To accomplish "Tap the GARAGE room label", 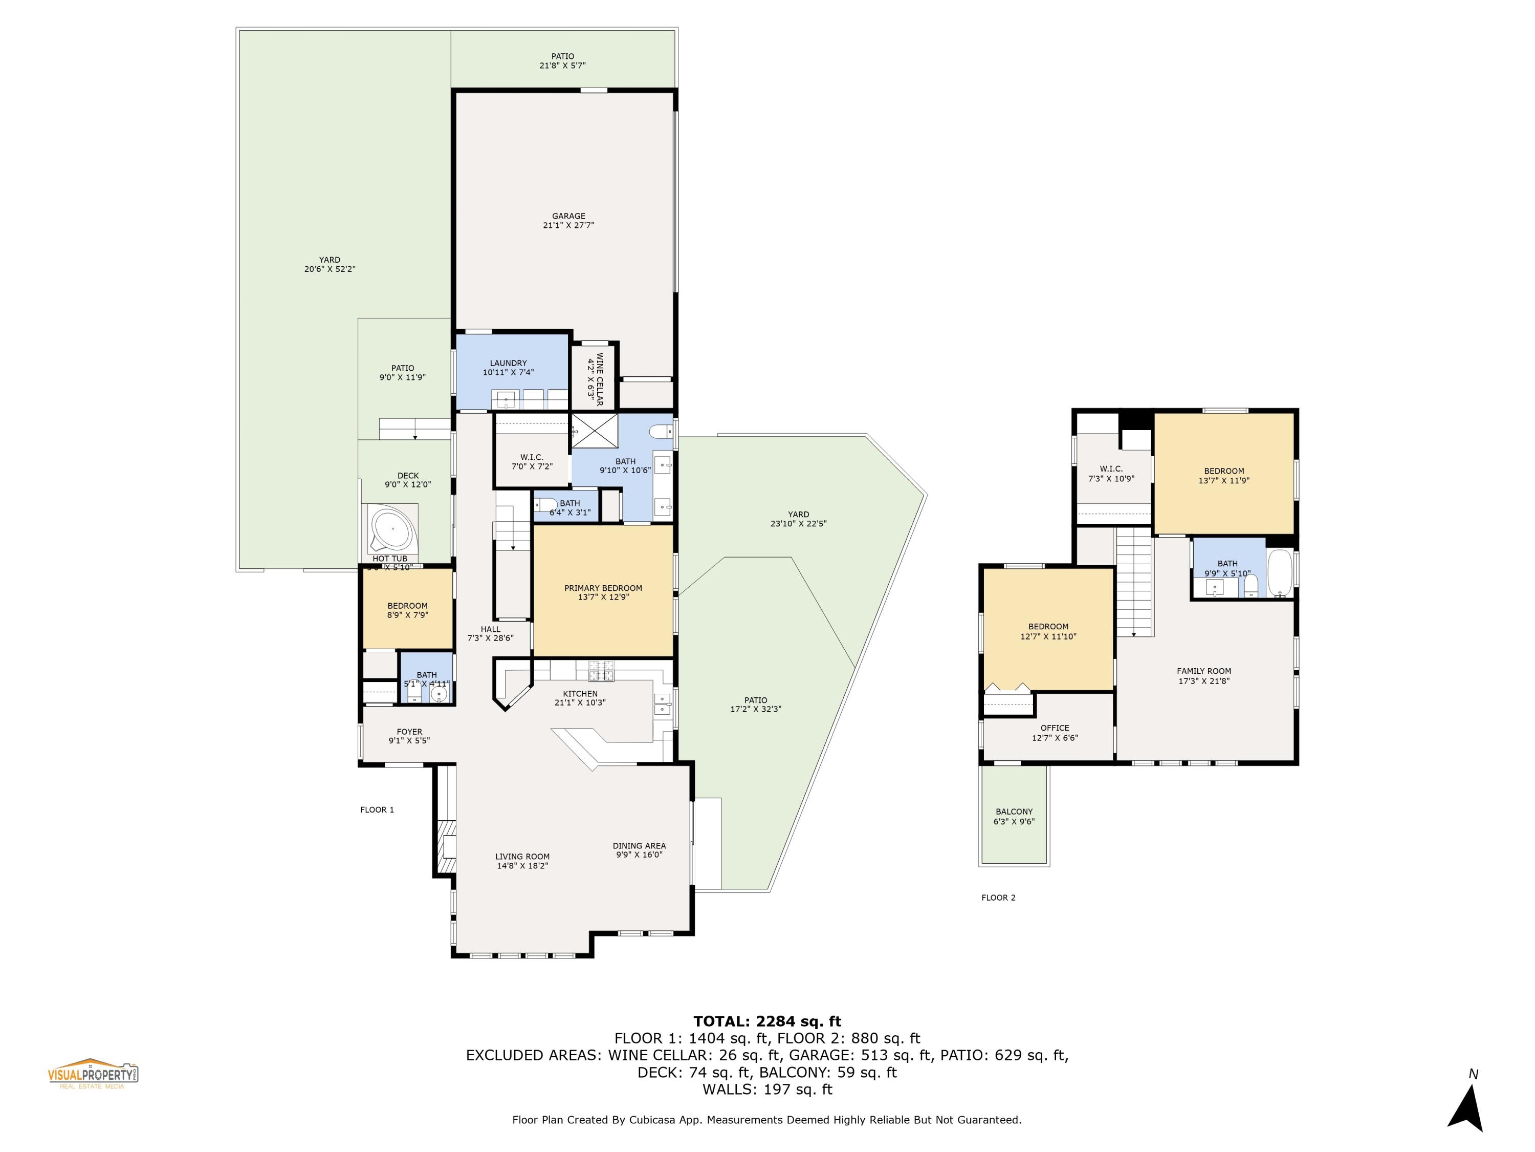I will (x=568, y=216).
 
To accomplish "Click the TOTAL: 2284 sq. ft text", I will (x=767, y=1021).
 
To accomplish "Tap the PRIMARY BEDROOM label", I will (x=603, y=588).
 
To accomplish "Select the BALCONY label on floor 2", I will (x=1014, y=811).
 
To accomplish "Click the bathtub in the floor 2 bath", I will (x=1280, y=573).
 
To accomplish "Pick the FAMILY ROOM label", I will (x=1204, y=671).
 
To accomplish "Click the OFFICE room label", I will (x=1055, y=728).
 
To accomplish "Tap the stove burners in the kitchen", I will (x=602, y=671).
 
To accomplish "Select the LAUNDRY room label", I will (x=508, y=363).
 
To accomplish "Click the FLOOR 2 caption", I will (x=998, y=897).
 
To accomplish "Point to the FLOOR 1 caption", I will (x=377, y=809).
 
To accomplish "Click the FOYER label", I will (x=409, y=731).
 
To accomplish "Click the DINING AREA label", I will (x=639, y=846).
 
